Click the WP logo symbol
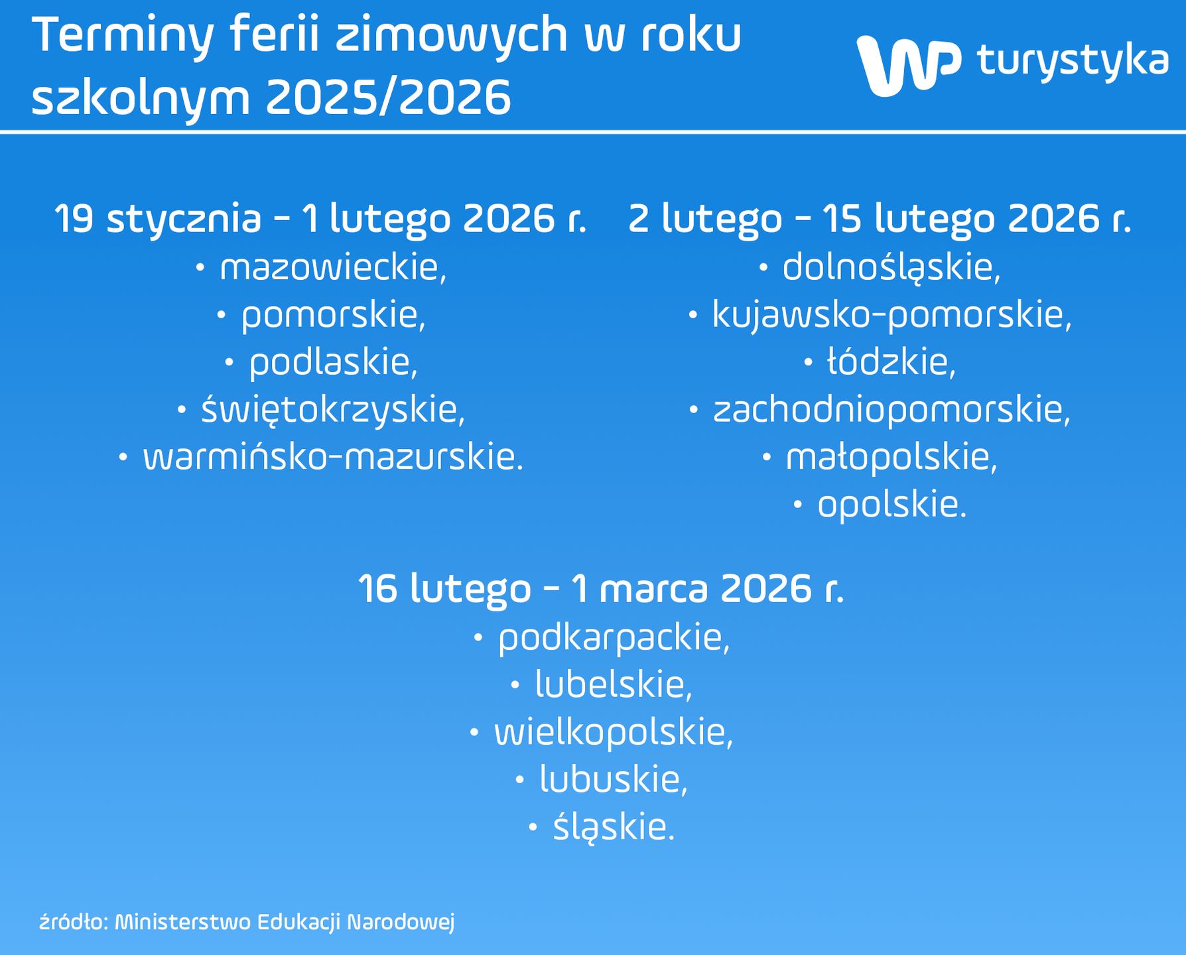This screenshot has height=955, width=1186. click(908, 64)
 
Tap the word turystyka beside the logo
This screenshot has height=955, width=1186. click(1073, 60)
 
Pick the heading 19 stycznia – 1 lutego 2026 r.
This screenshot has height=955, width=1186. click(321, 219)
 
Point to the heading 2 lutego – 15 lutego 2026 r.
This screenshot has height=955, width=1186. click(880, 219)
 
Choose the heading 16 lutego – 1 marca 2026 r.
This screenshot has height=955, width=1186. click(601, 588)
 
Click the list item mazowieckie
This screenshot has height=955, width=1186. click(334, 268)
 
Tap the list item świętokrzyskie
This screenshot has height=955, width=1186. click(333, 410)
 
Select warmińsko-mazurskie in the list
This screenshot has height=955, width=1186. click(334, 458)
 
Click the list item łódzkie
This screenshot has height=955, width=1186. click(891, 363)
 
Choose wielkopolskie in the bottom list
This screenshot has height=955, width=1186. click(614, 733)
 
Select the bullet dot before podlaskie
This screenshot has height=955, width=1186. click(230, 363)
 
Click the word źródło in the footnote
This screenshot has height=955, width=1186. click(74, 923)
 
